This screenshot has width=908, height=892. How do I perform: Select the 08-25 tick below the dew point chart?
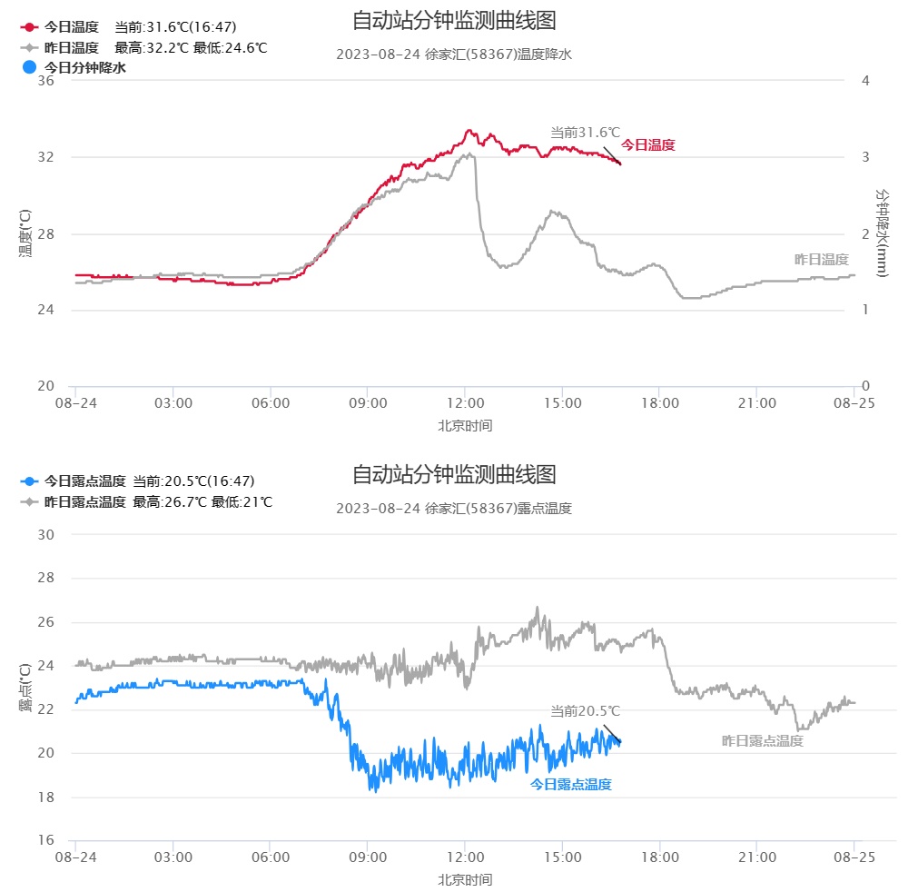854,857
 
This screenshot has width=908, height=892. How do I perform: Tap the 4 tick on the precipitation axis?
865,81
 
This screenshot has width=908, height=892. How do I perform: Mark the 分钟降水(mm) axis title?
881,233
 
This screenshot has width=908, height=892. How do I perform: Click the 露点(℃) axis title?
25,688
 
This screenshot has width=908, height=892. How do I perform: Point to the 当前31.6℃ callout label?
585,133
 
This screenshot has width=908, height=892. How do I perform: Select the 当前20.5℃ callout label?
585,710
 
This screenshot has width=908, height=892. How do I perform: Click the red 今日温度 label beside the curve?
647,144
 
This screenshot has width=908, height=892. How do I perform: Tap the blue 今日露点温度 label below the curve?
570,784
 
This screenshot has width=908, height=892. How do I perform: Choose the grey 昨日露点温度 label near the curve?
762,740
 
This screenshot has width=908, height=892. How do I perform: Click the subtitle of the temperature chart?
454,55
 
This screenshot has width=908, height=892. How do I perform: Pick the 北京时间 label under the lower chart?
465,879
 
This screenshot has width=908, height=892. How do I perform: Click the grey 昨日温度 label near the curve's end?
821,260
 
